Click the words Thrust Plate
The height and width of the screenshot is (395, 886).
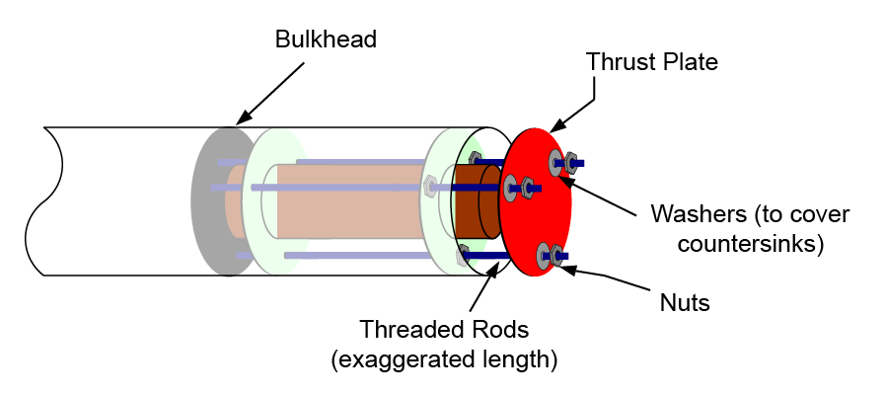pyautogui.click(x=651, y=61)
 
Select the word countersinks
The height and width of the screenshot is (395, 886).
pyautogui.click(x=750, y=240)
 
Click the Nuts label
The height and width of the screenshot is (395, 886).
pyautogui.click(x=685, y=302)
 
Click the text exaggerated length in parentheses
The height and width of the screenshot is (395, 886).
pyautogui.click(x=444, y=359)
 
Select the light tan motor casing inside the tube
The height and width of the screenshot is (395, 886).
pyautogui.click(x=345, y=207)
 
